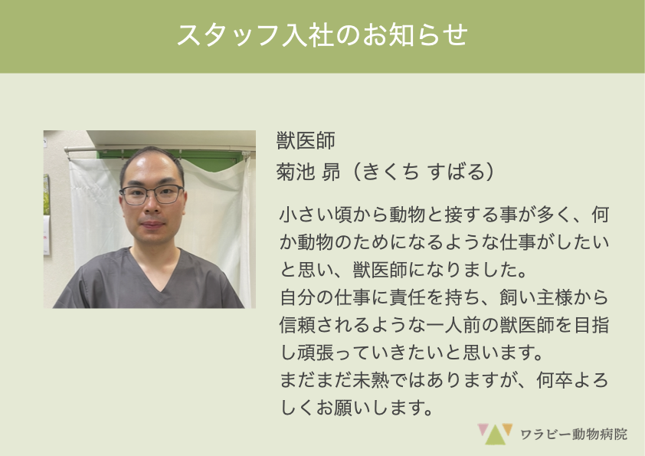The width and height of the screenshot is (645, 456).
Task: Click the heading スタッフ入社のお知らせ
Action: click(x=322, y=34)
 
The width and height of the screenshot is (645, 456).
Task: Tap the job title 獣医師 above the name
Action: click(x=306, y=141)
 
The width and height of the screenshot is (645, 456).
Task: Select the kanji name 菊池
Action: click(x=296, y=171)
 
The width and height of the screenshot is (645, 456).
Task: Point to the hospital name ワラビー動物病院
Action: click(x=574, y=435)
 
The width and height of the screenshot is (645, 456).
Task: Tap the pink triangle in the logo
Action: click(x=483, y=429)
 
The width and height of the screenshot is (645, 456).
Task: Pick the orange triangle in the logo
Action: click(x=508, y=429)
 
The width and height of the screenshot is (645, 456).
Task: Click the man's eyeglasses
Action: click(x=152, y=195)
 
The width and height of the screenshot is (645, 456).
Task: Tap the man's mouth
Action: click(x=152, y=225)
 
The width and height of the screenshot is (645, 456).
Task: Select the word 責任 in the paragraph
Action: click(x=408, y=297)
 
